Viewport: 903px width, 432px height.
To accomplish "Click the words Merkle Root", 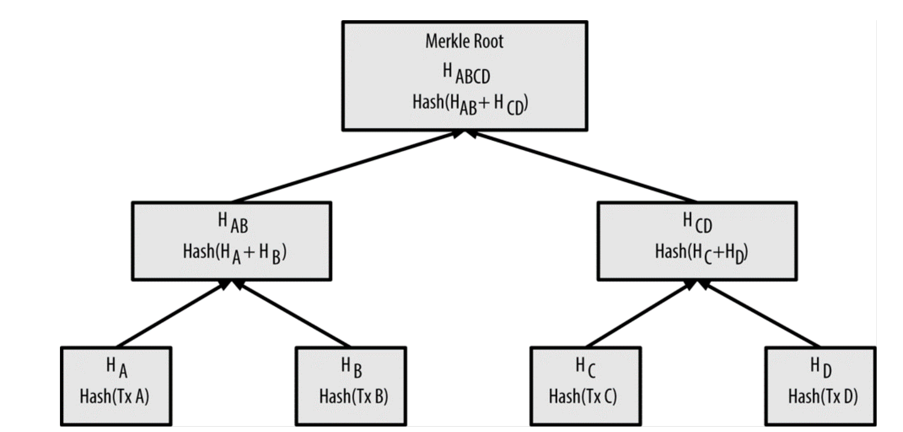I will point(464,41).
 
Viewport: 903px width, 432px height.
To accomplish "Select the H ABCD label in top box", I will point(466,74).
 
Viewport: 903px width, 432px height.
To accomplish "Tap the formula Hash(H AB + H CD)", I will point(470,104).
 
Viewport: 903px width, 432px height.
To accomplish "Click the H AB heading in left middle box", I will point(232,223).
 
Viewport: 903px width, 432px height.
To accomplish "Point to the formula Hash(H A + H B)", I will point(235,253).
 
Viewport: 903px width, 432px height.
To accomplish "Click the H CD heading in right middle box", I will point(697,223).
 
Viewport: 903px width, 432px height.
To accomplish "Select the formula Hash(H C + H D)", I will point(702,253).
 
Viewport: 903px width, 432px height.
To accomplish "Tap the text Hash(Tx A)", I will point(114,397).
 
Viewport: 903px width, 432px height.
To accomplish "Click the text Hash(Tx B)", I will point(353,397).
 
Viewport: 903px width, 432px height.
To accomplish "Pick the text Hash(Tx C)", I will point(583,397).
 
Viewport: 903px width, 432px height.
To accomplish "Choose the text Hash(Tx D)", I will point(823,397).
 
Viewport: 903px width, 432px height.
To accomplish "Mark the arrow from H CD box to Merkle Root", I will point(584,167).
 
